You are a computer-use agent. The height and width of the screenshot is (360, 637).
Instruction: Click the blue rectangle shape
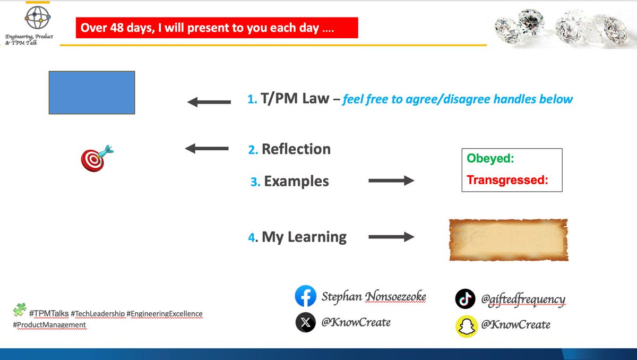pyautogui.click(x=92, y=92)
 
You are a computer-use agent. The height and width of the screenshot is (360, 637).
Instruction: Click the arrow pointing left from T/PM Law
pyautogui.click(x=209, y=102)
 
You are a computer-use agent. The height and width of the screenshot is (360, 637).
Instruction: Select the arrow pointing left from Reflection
pyautogui.click(x=206, y=149)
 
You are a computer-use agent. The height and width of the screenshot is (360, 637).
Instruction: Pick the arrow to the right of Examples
pyautogui.click(x=391, y=181)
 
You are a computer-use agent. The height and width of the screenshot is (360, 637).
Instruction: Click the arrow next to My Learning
pyautogui.click(x=391, y=237)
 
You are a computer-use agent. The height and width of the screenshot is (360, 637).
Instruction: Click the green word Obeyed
pyautogui.click(x=490, y=158)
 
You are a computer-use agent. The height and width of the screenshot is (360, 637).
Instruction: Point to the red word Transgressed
pyautogui.click(x=507, y=180)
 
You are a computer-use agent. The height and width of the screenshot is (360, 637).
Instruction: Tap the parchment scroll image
pyautogui.click(x=508, y=239)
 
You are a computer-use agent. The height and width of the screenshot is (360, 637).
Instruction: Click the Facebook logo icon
pyautogui.click(x=306, y=296)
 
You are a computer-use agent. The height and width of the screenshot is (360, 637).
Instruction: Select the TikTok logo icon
pyautogui.click(x=465, y=299)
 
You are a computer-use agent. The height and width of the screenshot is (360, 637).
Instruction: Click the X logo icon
pyautogui.click(x=306, y=322)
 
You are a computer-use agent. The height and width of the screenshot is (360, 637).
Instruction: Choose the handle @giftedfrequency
pyautogui.click(x=523, y=299)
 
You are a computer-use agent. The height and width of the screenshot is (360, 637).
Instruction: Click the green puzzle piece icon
pyautogui.click(x=20, y=310)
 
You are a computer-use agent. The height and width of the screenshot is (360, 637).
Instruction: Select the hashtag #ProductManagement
pyautogui.click(x=49, y=325)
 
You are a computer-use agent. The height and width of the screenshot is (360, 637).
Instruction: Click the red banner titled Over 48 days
pyautogui.click(x=217, y=28)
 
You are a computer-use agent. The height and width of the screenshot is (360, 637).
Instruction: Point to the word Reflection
pyautogui.click(x=296, y=149)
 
